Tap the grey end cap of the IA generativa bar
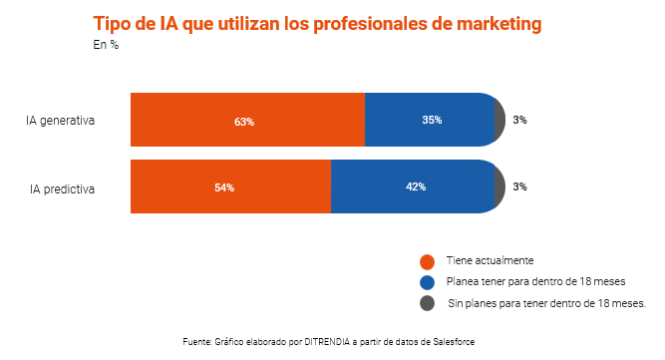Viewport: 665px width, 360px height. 499,121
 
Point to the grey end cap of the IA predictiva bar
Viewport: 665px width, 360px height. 499,186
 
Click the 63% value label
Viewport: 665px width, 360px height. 244,121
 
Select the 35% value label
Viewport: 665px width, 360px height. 432,120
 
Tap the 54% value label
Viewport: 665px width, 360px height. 224,187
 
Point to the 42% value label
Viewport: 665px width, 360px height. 416,186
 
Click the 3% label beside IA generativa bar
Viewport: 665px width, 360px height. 519,120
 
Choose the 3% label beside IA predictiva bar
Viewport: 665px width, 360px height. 519,186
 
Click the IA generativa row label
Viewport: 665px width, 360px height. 61,121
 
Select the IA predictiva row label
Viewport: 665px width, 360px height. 61,186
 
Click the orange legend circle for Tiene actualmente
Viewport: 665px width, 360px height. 427,261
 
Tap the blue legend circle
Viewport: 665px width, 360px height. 427,282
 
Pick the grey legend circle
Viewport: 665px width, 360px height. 427,303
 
